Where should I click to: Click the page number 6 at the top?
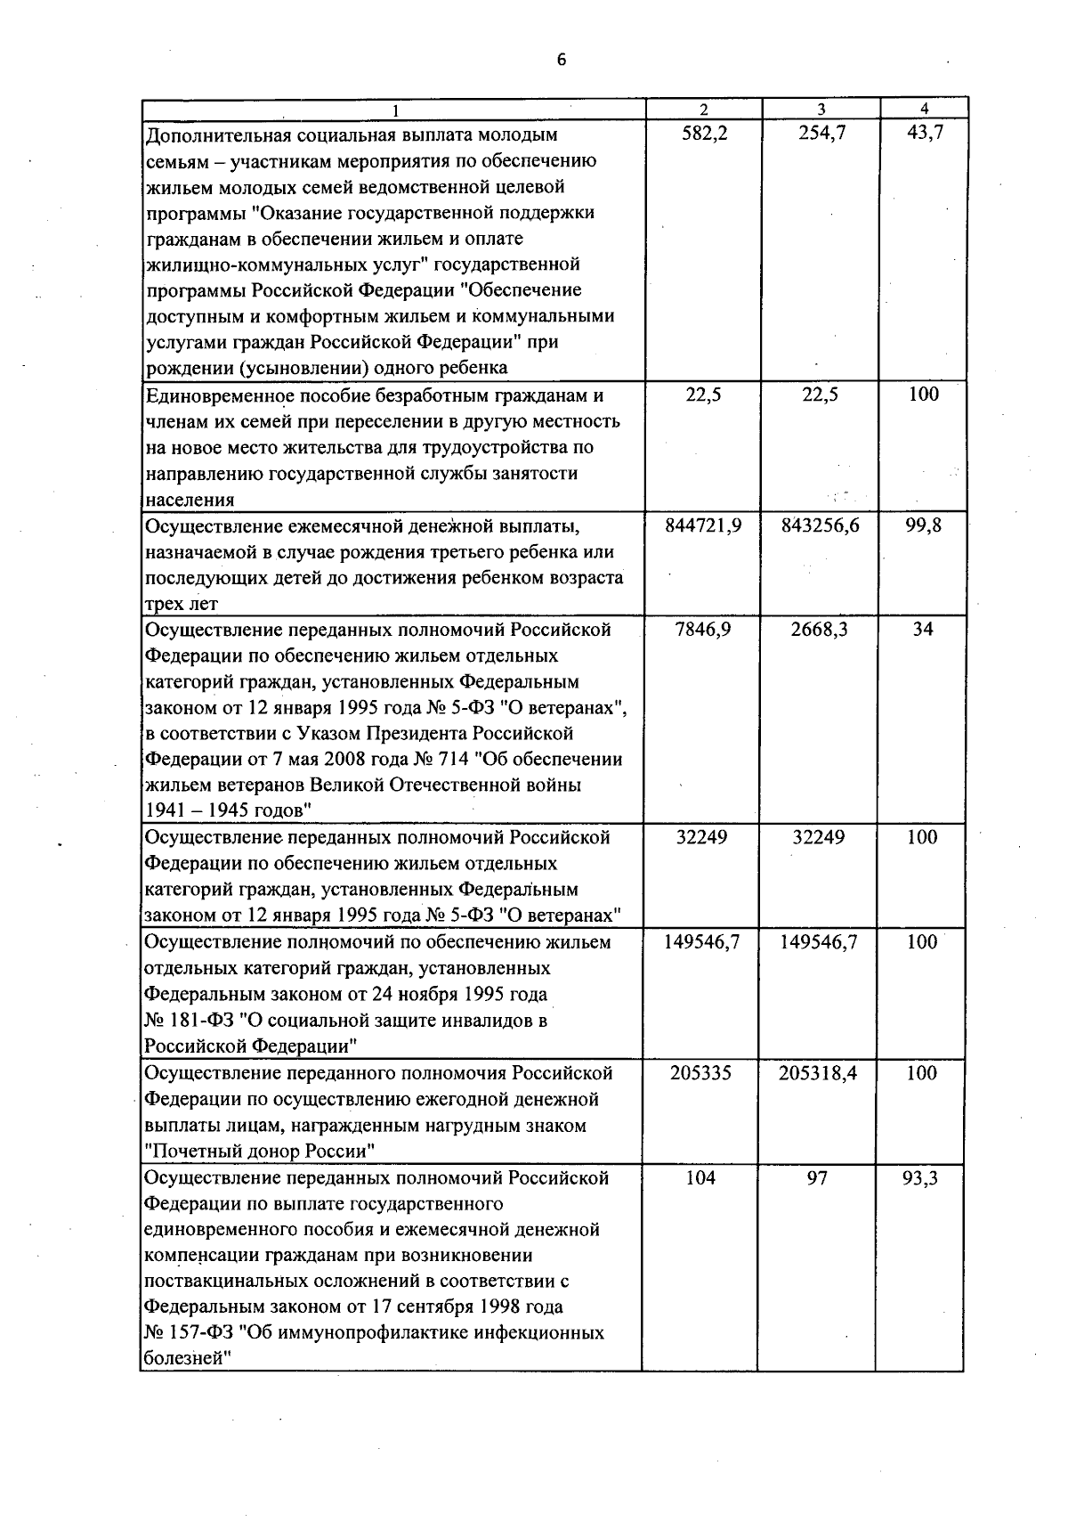[561, 60]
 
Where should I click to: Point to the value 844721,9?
[703, 525]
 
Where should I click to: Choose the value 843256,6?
[820, 525]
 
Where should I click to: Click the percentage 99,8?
[924, 525]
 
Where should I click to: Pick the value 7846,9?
[703, 630]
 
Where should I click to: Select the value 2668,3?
[819, 630]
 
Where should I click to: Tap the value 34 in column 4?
[923, 630]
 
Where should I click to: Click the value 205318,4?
[818, 1073]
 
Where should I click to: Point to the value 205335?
[701, 1073]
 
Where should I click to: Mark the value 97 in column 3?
[817, 1178]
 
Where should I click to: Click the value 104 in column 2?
[701, 1178]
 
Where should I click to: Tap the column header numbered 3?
[821, 109]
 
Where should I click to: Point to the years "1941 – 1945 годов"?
[227, 811]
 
